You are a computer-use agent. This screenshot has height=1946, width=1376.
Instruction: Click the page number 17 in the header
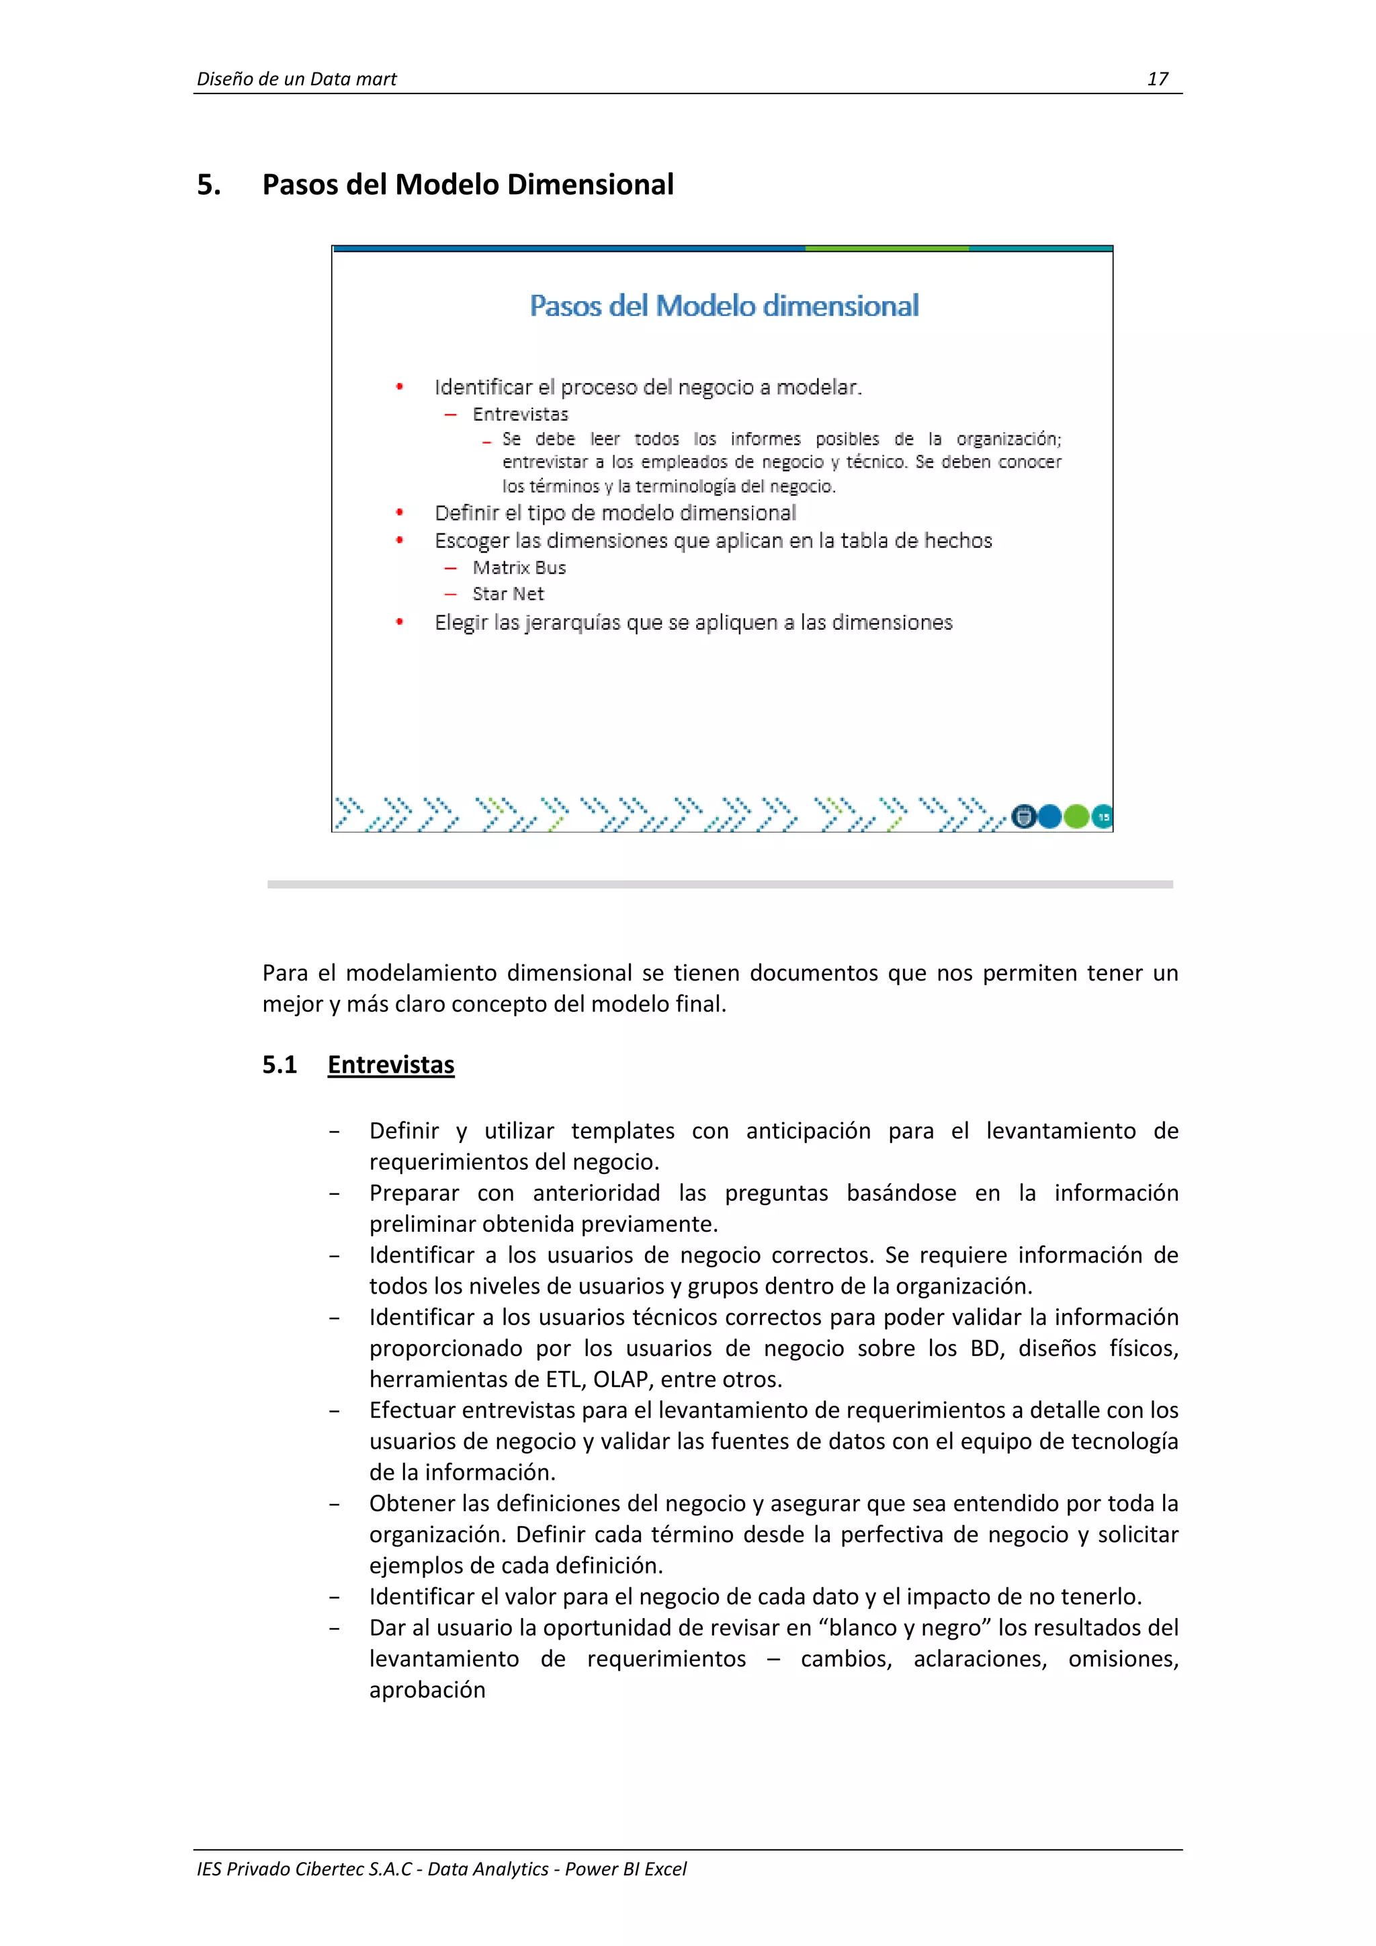pyautogui.click(x=1158, y=79)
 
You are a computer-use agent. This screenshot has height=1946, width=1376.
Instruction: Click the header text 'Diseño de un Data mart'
pyautogui.click(x=296, y=79)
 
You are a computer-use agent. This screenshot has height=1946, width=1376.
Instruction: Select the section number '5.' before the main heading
pyautogui.click(x=208, y=185)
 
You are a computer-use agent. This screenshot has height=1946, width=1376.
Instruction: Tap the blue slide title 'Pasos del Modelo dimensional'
pyautogui.click(x=724, y=306)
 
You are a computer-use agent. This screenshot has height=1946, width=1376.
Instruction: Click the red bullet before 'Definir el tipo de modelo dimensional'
pyautogui.click(x=400, y=513)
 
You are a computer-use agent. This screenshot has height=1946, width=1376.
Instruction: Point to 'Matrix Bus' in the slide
pyautogui.click(x=519, y=568)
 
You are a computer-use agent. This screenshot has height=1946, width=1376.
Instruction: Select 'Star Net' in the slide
pyautogui.click(x=507, y=594)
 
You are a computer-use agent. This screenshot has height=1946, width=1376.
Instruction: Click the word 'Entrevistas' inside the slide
pyautogui.click(x=520, y=415)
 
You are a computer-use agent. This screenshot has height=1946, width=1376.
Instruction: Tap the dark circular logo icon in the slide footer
pyautogui.click(x=1023, y=817)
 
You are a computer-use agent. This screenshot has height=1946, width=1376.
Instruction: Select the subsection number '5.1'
pyautogui.click(x=279, y=1064)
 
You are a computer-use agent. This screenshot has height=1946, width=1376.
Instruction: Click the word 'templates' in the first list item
pyautogui.click(x=623, y=1131)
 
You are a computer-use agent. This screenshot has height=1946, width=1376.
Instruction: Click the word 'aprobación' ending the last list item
pyautogui.click(x=427, y=1689)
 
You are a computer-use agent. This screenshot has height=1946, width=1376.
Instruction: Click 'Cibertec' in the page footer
pyautogui.click(x=328, y=1869)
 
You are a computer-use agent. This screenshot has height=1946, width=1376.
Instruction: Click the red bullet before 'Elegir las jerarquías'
pyautogui.click(x=400, y=622)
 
